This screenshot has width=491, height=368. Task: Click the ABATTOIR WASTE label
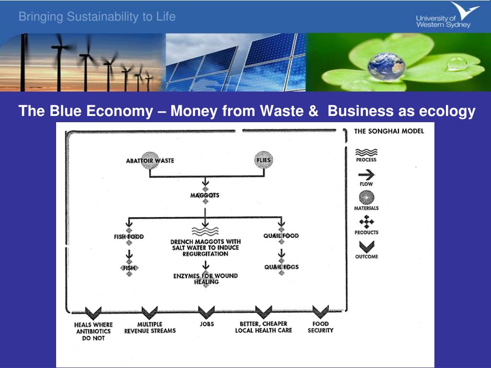(150, 161)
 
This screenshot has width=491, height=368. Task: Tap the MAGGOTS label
(205, 195)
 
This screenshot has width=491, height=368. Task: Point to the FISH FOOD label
(129, 237)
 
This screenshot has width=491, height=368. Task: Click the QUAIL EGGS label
(281, 267)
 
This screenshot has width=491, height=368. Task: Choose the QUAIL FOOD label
(281, 236)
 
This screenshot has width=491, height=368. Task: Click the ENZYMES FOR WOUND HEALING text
(205, 279)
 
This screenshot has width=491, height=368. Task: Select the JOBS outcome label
(206, 324)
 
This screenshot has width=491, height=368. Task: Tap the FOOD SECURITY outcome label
(320, 327)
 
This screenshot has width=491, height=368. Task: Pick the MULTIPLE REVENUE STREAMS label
(150, 327)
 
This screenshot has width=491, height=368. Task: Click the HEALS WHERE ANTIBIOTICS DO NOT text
(93, 331)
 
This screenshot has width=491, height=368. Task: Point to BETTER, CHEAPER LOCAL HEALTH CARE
(263, 327)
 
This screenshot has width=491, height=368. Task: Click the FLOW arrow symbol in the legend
(366, 175)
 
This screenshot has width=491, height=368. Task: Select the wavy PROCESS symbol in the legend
(366, 152)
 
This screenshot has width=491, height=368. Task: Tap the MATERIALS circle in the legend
(366, 198)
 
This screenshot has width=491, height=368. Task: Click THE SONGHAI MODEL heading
(389, 131)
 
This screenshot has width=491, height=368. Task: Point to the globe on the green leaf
(386, 67)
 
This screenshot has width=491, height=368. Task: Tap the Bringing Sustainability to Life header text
(97, 17)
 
